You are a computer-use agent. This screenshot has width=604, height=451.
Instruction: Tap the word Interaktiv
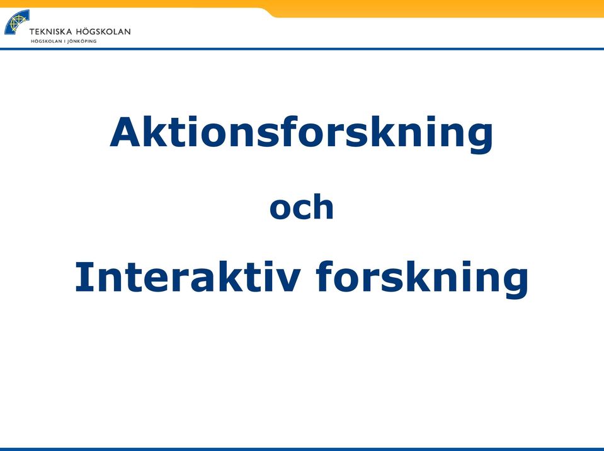(187, 277)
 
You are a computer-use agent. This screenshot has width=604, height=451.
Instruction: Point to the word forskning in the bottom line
(422, 279)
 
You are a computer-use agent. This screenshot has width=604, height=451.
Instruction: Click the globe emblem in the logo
(16, 22)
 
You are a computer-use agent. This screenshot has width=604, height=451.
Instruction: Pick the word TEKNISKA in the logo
(50, 31)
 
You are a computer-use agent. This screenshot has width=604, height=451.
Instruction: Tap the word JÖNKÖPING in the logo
(82, 41)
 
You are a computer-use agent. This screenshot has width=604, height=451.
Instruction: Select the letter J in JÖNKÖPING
(69, 41)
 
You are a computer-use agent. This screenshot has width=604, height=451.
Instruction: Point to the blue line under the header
(302, 49)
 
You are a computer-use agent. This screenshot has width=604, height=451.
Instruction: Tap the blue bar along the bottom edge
(302, 449)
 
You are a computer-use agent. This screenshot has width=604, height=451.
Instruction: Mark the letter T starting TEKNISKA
(32, 31)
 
